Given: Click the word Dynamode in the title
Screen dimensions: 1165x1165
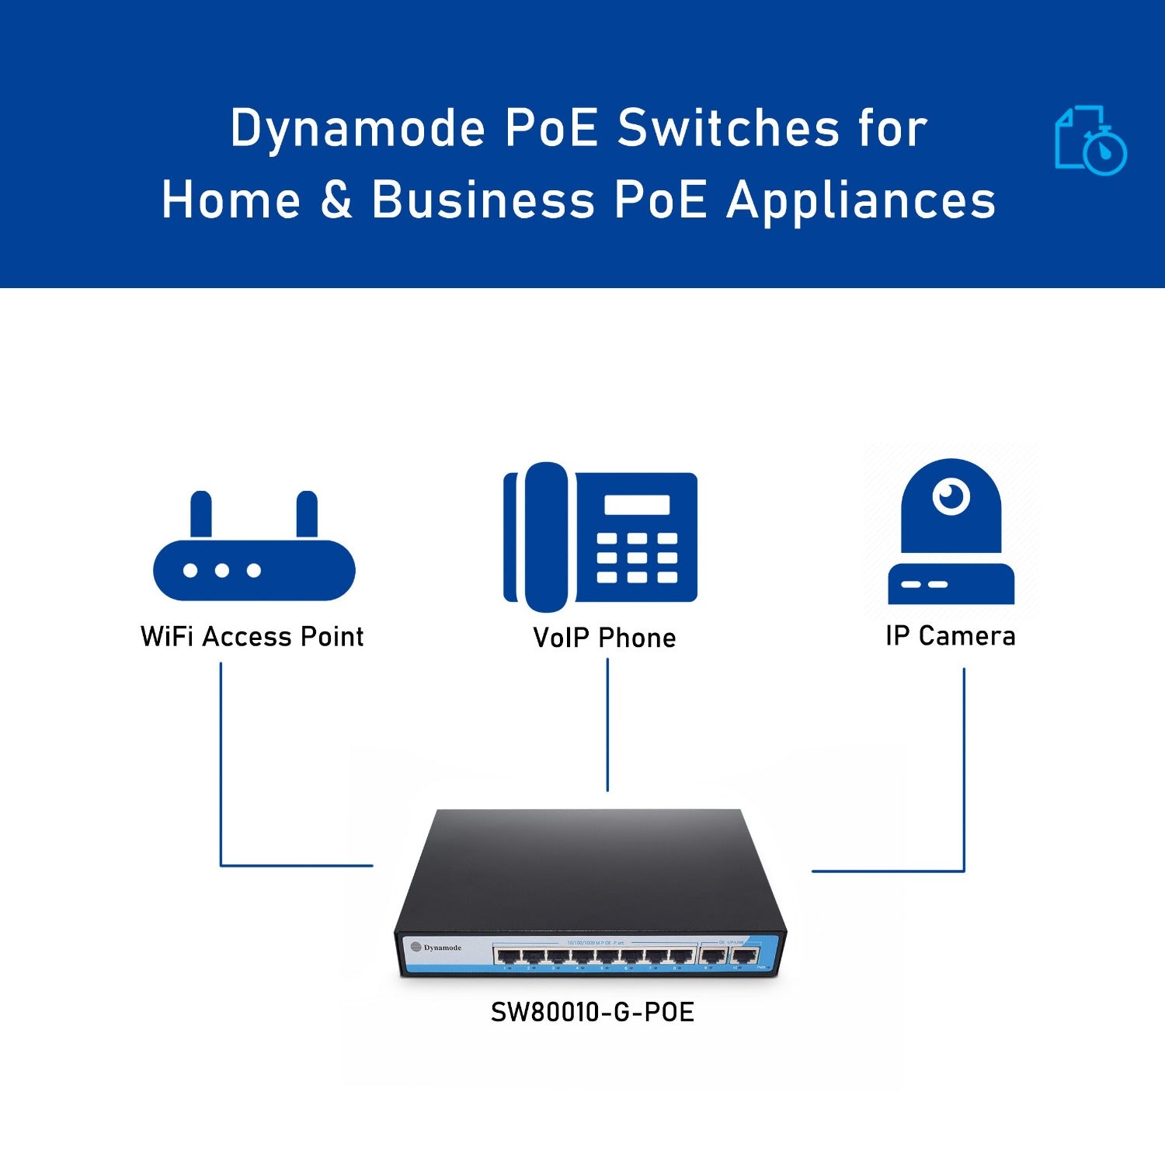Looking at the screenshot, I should (x=357, y=128).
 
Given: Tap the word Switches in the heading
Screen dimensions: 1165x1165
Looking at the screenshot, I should (x=729, y=128).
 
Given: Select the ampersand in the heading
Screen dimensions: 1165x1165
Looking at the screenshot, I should (x=336, y=200).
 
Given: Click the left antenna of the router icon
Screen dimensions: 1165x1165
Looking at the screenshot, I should (x=201, y=515).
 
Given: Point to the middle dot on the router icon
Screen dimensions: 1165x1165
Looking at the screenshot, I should (x=222, y=571).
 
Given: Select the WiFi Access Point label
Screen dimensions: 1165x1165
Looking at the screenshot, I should (x=252, y=637).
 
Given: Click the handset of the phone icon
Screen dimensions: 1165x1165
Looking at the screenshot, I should (x=546, y=536).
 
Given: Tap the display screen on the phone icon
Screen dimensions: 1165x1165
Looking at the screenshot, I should (x=637, y=505).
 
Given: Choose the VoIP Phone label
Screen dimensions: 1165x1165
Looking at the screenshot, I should (x=604, y=638).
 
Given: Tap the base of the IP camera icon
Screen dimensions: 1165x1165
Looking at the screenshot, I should (x=951, y=584).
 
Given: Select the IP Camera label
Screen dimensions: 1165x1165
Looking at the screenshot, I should (x=950, y=636).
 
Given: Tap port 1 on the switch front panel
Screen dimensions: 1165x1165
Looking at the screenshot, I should (x=508, y=956).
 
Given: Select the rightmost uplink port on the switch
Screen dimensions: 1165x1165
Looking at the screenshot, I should (x=744, y=956).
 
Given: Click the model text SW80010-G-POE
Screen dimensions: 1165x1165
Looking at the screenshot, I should (x=592, y=1013).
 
